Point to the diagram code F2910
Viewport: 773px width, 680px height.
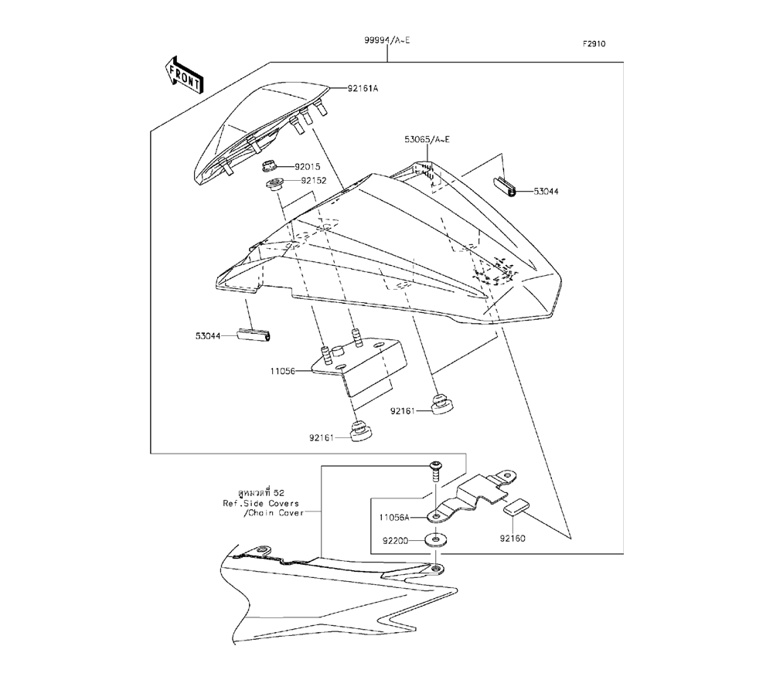[594, 44]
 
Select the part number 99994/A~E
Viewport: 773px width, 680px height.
[387, 39]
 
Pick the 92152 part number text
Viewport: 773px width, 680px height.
[315, 180]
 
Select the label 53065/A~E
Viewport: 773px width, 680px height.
[427, 139]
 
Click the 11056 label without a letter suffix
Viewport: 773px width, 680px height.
[284, 372]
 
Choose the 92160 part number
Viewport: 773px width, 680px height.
[511, 539]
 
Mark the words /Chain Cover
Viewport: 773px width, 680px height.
[273, 512]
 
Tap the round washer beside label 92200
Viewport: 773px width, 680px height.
[438, 539]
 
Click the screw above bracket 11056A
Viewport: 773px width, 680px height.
[434, 469]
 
